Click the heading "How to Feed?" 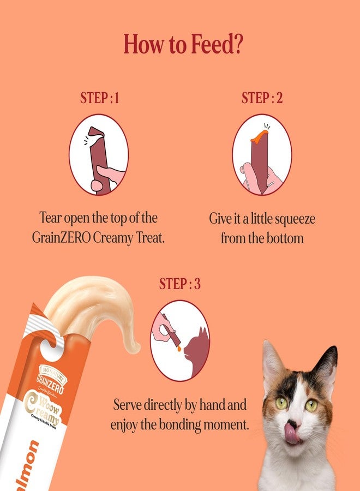click(x=183, y=45)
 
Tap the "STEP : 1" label click(x=99, y=98)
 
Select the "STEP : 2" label click(x=262, y=98)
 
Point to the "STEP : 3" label click(x=179, y=284)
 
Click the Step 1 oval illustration click(x=99, y=154)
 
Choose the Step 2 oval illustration click(x=262, y=154)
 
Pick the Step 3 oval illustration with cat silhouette click(x=179, y=340)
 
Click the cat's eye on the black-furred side click(x=311, y=405)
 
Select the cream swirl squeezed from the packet click(x=93, y=306)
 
